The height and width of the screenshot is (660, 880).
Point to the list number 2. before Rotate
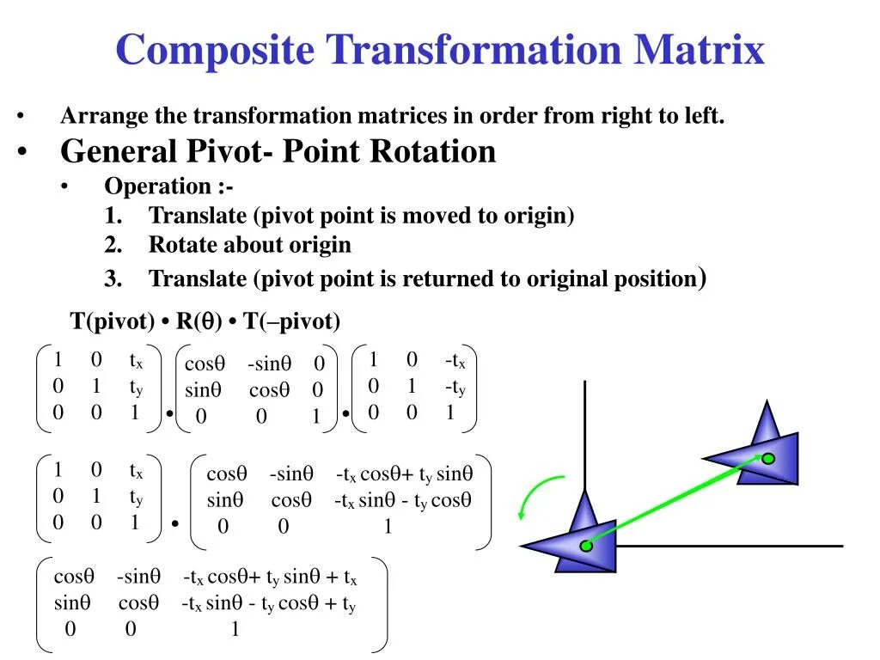[x=114, y=245]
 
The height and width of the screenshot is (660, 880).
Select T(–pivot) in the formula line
[x=292, y=322]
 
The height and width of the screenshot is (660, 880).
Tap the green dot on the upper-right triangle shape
[x=768, y=459]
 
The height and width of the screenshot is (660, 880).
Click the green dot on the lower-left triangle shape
[x=586, y=546]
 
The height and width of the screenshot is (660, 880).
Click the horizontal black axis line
[x=730, y=546]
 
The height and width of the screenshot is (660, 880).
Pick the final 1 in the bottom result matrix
[x=234, y=630]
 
